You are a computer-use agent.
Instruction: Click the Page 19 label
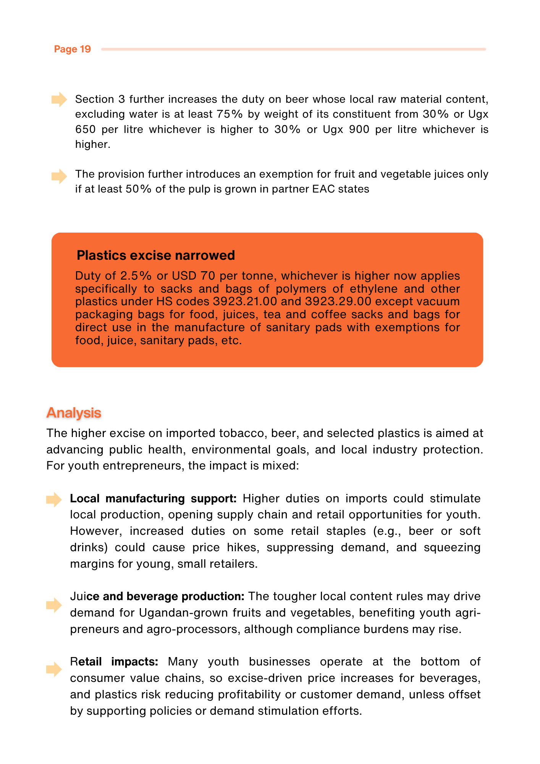click(72, 49)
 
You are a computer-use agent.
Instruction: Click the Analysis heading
click(74, 413)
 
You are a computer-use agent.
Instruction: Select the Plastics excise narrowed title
click(155, 255)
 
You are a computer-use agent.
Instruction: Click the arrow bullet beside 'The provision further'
click(59, 176)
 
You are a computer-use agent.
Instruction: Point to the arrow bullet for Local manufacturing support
click(54, 500)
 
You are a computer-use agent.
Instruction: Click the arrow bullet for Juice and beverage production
click(54, 605)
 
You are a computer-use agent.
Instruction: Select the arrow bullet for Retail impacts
click(54, 669)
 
